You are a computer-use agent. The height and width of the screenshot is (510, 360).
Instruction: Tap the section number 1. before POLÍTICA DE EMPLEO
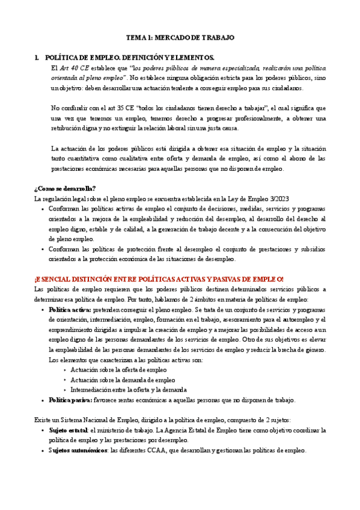pyautogui.click(x=37, y=57)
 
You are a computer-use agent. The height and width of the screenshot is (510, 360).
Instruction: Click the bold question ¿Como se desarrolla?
pyautogui.click(x=61, y=188)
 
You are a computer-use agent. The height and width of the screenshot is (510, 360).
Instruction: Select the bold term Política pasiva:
pyautogui.click(x=70, y=399)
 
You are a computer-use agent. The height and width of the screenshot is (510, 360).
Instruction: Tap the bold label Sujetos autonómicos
pyautogui.click(x=76, y=450)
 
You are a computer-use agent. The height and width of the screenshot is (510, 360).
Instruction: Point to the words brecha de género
pyautogui.click(x=303, y=349)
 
